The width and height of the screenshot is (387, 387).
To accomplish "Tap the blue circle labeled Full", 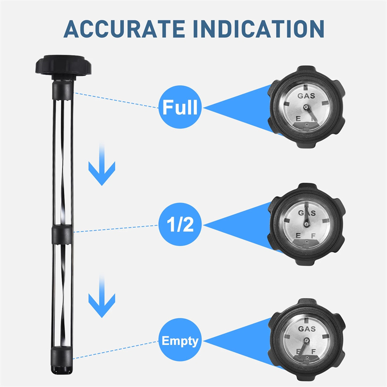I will pyautogui.click(x=180, y=107).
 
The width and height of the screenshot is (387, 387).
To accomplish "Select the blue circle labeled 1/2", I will pyautogui.click(x=180, y=224).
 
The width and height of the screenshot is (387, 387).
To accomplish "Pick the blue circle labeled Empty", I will pyautogui.click(x=180, y=341).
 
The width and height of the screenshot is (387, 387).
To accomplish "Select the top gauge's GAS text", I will pyautogui.click(x=306, y=96).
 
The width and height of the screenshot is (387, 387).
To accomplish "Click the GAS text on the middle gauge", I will pyautogui.click(x=306, y=213).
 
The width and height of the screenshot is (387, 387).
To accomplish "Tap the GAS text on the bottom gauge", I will pyautogui.click(x=307, y=329).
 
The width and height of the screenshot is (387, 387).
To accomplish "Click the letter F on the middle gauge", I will pyautogui.click(x=314, y=236).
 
